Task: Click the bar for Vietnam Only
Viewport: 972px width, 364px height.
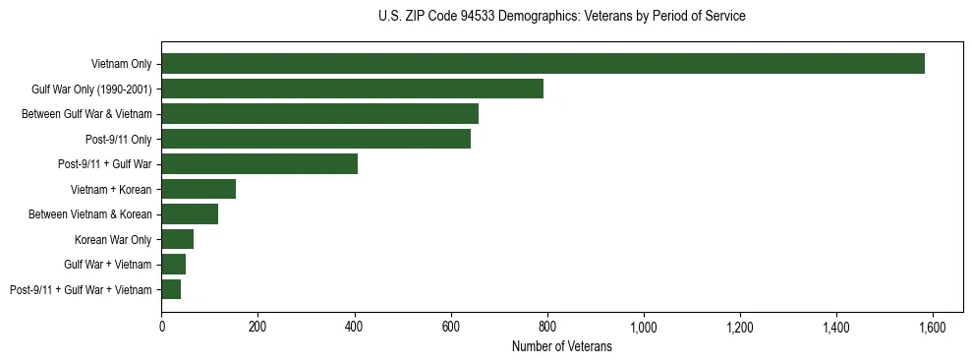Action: tap(543, 64)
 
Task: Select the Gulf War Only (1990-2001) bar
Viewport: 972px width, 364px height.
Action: tap(352, 89)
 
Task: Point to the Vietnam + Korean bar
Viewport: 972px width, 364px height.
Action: tap(199, 189)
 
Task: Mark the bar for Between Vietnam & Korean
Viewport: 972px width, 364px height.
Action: tap(190, 214)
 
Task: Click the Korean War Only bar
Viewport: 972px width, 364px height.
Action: tap(178, 239)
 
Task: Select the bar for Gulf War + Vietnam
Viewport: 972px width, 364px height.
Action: tap(174, 265)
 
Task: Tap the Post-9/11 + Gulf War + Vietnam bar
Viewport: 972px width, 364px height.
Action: tap(171, 289)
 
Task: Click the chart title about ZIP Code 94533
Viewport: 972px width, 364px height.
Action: tap(561, 17)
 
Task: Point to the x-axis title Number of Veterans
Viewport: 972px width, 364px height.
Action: tap(561, 347)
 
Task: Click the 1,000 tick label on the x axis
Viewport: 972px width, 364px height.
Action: tap(644, 327)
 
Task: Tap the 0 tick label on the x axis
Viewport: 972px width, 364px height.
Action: tap(162, 327)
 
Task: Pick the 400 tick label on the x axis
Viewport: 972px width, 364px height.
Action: tap(355, 327)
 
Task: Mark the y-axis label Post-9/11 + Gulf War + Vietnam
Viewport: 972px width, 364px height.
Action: tap(81, 289)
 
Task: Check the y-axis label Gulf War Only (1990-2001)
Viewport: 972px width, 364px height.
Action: tap(91, 89)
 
